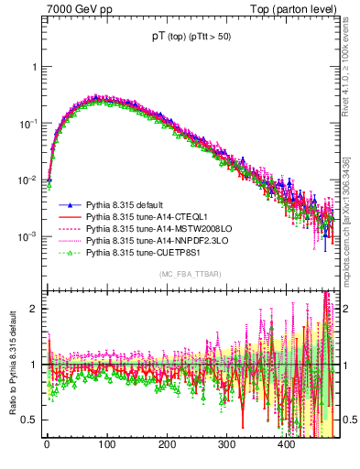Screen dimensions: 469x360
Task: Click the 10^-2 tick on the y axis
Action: pos(30,180)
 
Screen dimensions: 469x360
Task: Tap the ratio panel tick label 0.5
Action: pos(32,420)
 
